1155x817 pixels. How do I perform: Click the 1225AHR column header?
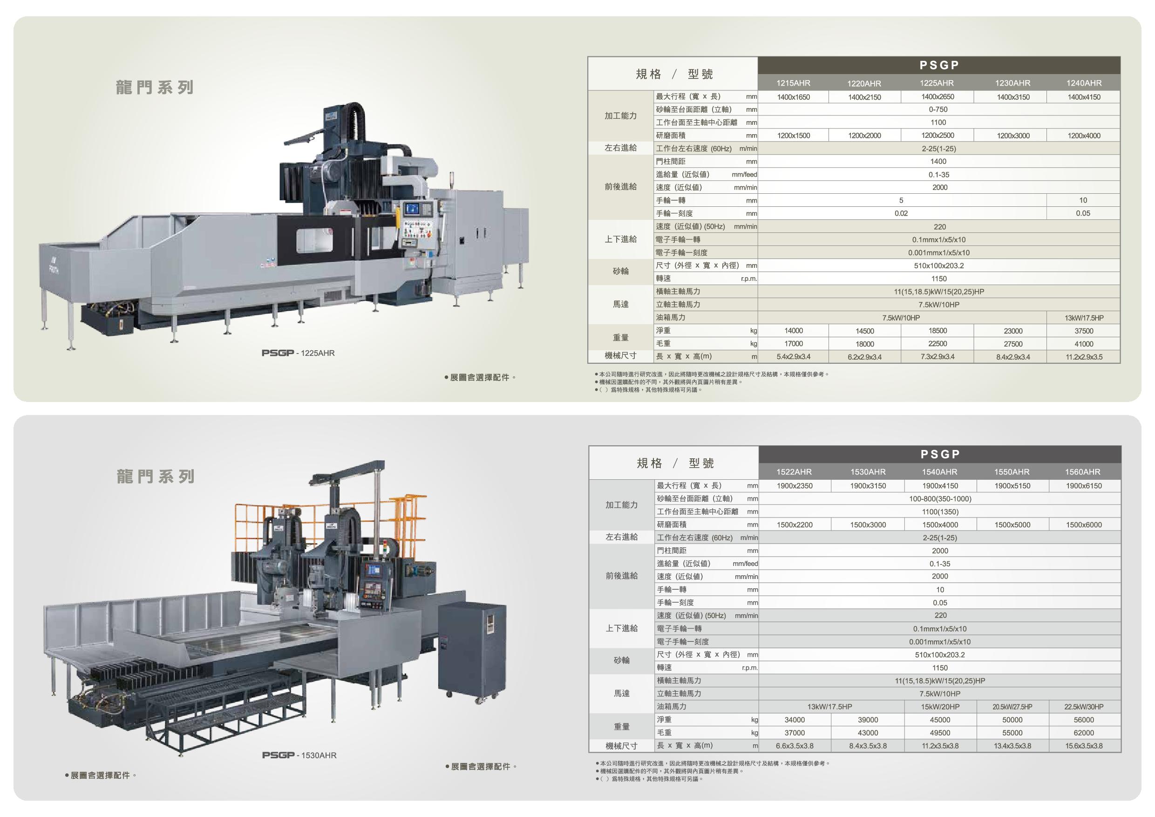pos(937,83)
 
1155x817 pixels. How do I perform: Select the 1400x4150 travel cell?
pos(1084,97)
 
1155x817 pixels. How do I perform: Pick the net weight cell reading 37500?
pos(1084,331)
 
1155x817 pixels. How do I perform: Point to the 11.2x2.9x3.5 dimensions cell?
pos(1084,357)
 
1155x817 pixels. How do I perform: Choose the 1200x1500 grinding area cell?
pos(793,136)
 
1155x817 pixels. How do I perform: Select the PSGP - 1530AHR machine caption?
pos(299,755)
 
